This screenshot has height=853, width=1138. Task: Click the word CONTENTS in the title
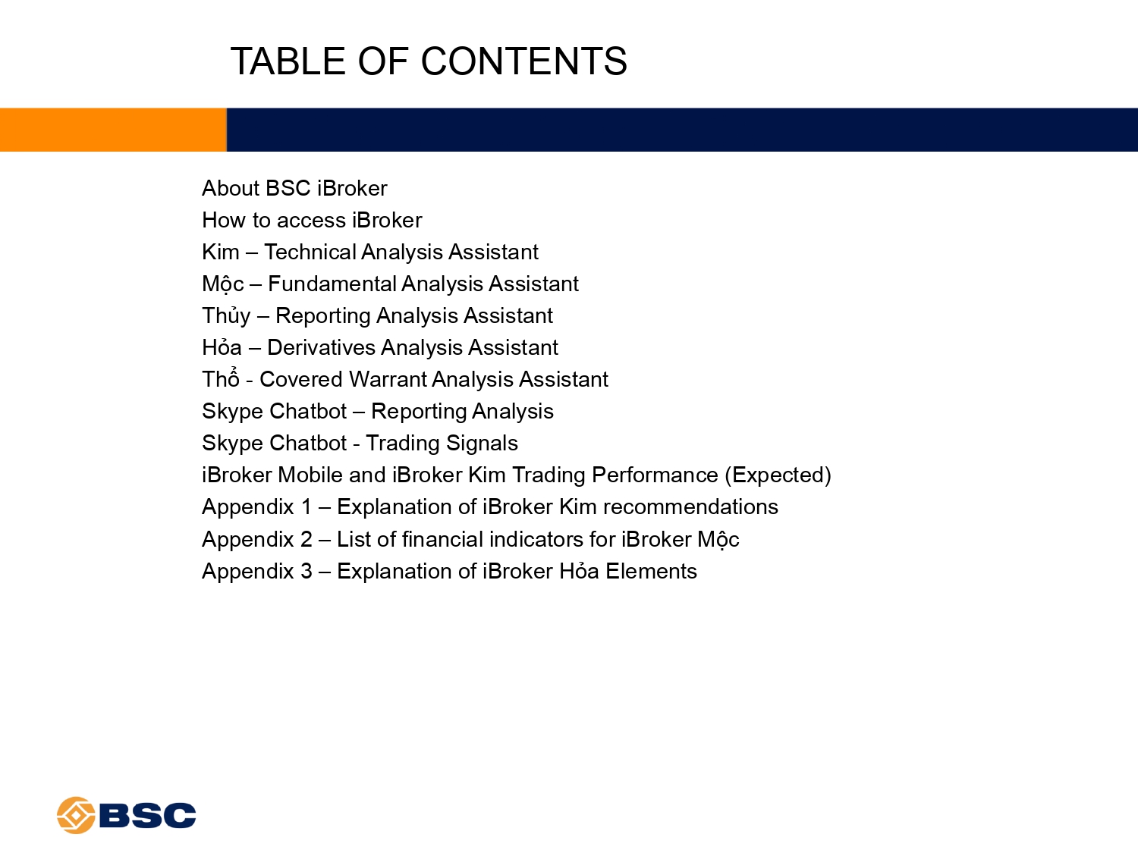[523, 61]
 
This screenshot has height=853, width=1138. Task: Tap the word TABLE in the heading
[288, 61]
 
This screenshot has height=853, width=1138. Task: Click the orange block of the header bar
[113, 130]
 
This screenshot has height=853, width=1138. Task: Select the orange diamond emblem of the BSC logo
[76, 814]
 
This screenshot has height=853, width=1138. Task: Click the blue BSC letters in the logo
[147, 815]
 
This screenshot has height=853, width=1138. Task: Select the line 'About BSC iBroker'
[294, 188]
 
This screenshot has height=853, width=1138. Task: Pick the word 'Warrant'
[387, 380]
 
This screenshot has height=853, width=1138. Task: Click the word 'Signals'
[482, 444]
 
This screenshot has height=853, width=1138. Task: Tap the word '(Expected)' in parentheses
[778, 475]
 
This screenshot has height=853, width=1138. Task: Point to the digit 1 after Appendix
[307, 507]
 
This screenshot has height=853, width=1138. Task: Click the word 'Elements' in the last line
[651, 571]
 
